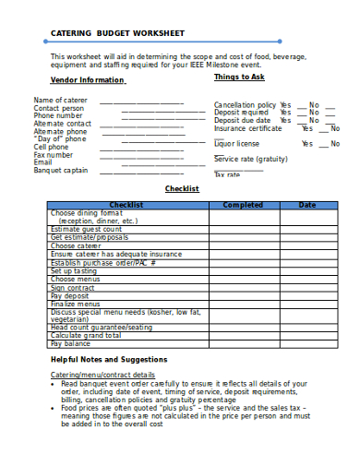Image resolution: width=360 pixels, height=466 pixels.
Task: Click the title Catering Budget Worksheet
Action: point(116,32)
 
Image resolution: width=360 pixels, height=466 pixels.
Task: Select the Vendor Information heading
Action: point(87,80)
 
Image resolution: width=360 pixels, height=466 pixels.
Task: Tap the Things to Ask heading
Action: point(239,78)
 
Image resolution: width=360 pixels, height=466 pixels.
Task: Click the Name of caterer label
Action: point(61,100)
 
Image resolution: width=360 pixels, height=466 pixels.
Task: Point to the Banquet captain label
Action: point(61,170)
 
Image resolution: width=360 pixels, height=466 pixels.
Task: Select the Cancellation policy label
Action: point(245,105)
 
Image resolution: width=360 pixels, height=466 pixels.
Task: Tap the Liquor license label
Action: point(236,144)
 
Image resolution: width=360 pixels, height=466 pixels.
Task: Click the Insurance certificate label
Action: point(248,128)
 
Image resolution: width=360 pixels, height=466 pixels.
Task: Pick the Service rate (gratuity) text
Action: point(251,160)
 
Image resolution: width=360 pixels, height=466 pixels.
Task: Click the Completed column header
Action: point(243,205)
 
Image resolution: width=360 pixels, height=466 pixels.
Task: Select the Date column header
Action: point(306,205)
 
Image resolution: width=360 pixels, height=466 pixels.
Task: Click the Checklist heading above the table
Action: point(182,188)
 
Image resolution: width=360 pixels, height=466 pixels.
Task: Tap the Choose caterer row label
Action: point(76,246)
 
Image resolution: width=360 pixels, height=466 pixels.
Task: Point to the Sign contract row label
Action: point(73,288)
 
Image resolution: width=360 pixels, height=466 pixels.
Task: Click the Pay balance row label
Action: point(70,343)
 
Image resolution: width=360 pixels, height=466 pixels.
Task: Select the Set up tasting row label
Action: point(74,271)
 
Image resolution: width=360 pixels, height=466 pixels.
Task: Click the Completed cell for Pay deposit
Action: point(243,296)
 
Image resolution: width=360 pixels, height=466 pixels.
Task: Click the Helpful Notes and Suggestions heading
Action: point(109,359)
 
